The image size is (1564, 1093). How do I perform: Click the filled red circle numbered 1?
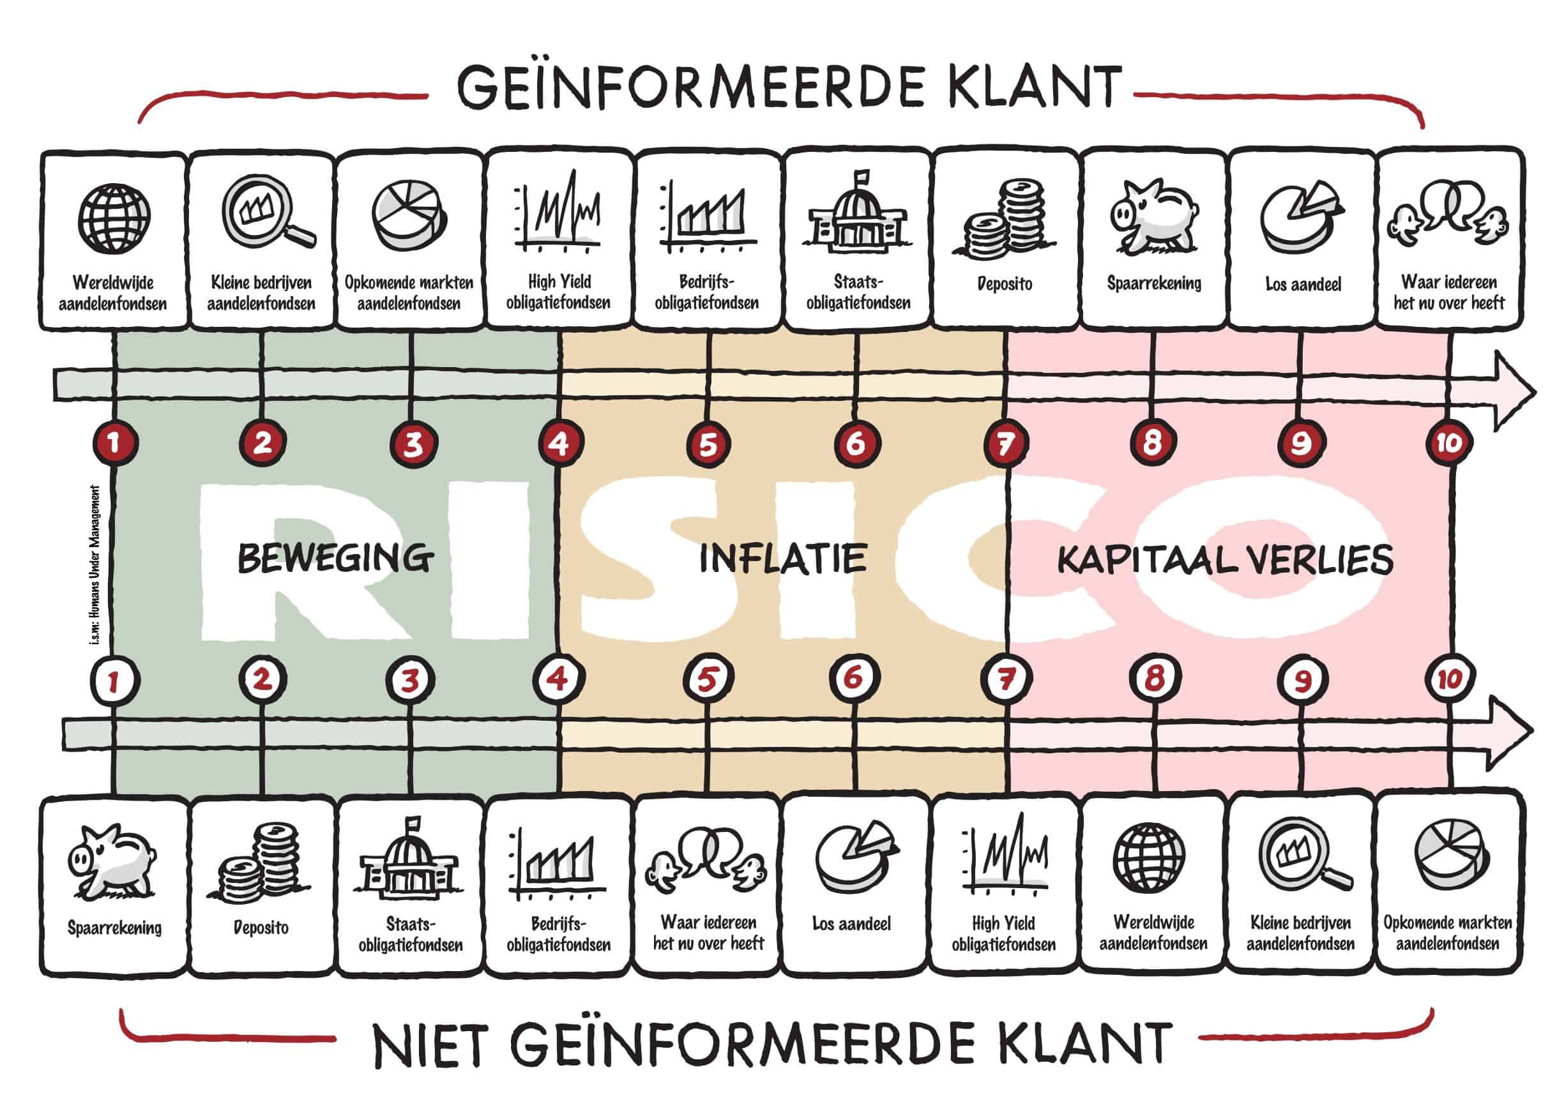pos(114,443)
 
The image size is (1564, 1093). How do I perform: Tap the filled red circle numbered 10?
pos(1448,443)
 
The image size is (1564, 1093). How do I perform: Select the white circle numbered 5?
pos(708,679)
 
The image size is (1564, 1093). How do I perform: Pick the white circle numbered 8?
pos(1154,679)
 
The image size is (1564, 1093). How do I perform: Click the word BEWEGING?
pos(335,559)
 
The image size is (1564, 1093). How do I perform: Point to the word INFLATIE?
pos(784,559)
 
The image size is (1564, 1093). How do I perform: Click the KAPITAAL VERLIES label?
pos(1225,561)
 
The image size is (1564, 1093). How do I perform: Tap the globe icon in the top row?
pos(114,219)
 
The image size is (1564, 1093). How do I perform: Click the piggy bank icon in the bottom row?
pos(113,861)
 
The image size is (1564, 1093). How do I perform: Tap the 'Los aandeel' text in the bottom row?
pos(851,924)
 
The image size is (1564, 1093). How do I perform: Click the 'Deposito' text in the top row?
pos(1005,283)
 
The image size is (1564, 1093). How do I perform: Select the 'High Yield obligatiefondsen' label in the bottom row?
pos(1003,934)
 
